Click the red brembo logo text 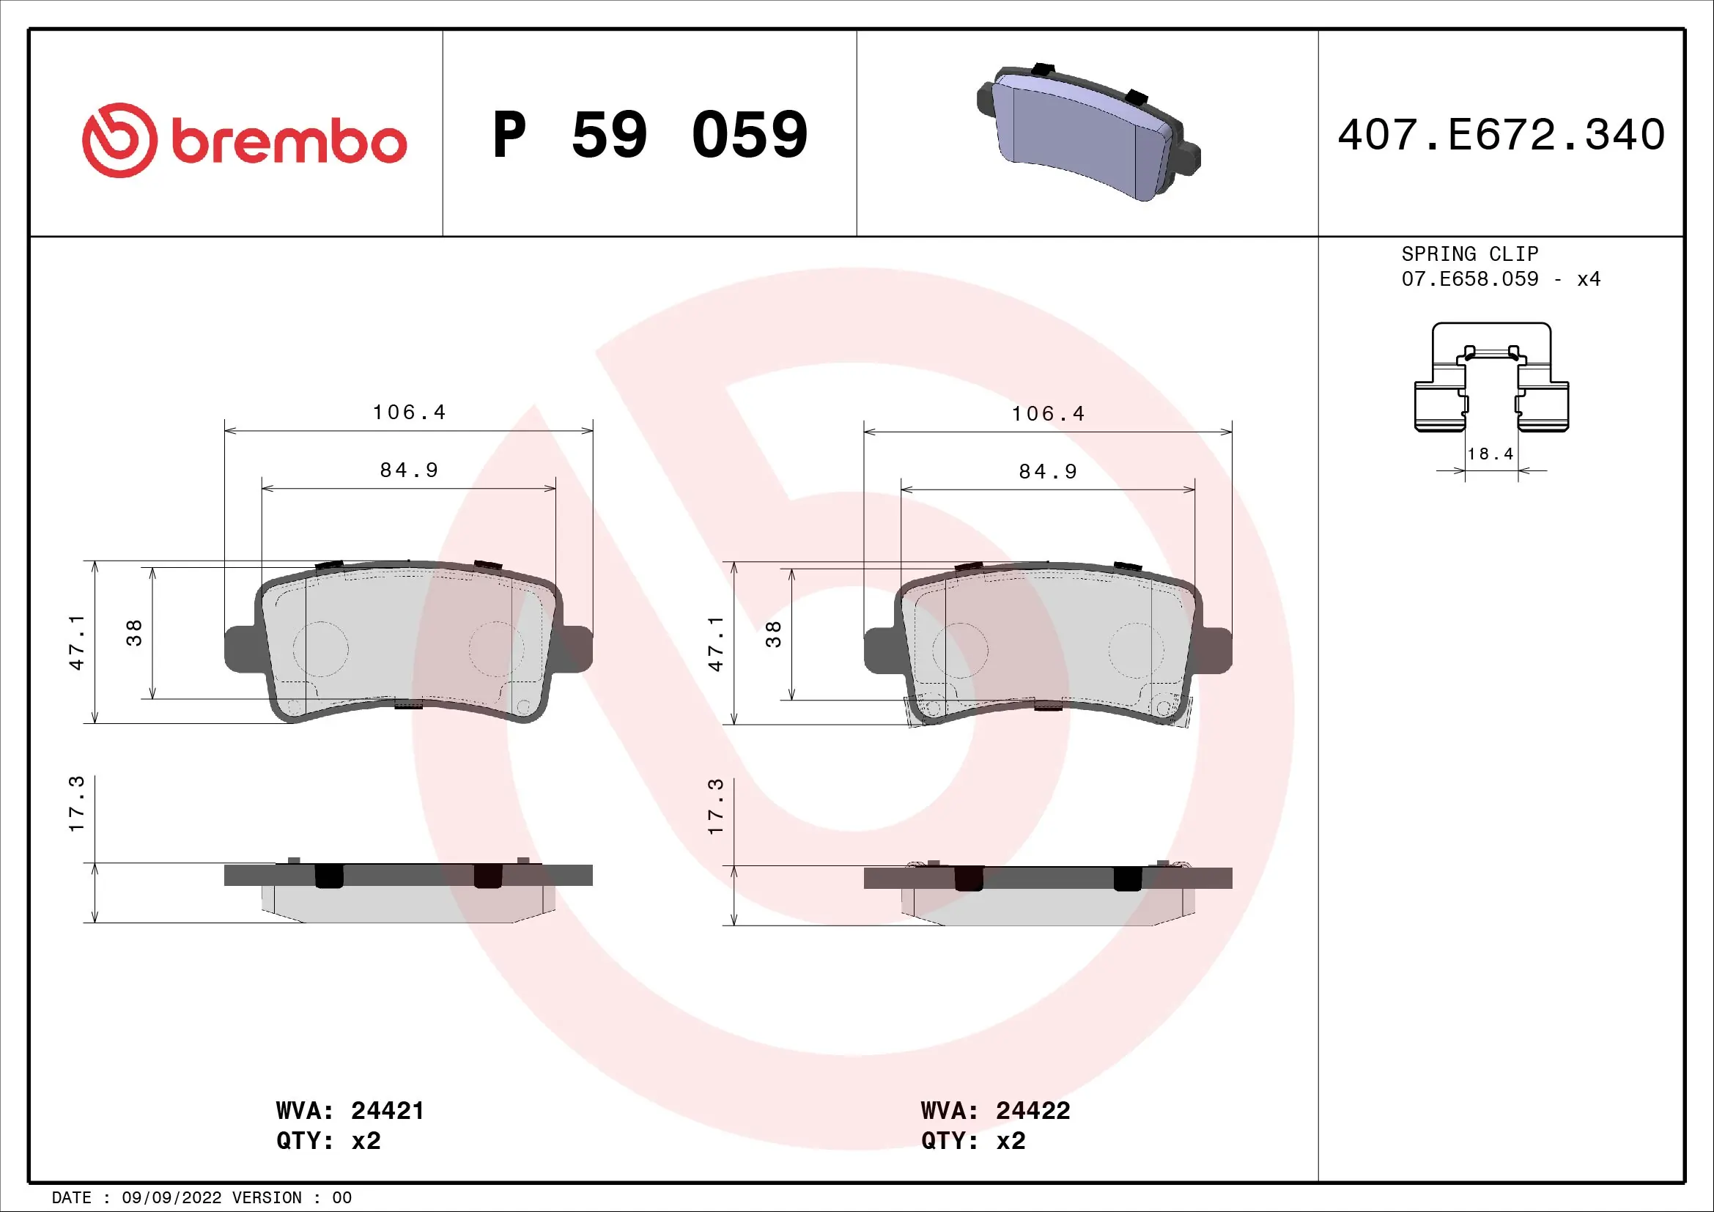pyautogui.click(x=289, y=141)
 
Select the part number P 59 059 pyautogui.click(x=649, y=135)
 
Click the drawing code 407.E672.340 pyautogui.click(x=1501, y=135)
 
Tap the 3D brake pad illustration pyautogui.click(x=1087, y=133)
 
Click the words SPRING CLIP pyautogui.click(x=1469, y=254)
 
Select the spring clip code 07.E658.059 pyautogui.click(x=1469, y=279)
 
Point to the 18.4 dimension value pyautogui.click(x=1490, y=454)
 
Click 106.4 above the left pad pyautogui.click(x=409, y=412)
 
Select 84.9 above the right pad pyautogui.click(x=1048, y=472)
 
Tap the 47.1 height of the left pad pyautogui.click(x=76, y=643)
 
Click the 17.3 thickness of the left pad pyautogui.click(x=76, y=804)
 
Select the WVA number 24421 pyautogui.click(x=388, y=1110)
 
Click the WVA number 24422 pyautogui.click(x=1033, y=1110)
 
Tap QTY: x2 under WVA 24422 pyautogui.click(x=972, y=1141)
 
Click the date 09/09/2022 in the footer pyautogui.click(x=171, y=1198)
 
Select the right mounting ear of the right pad pyautogui.click(x=1214, y=650)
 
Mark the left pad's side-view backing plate pyautogui.click(x=407, y=876)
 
